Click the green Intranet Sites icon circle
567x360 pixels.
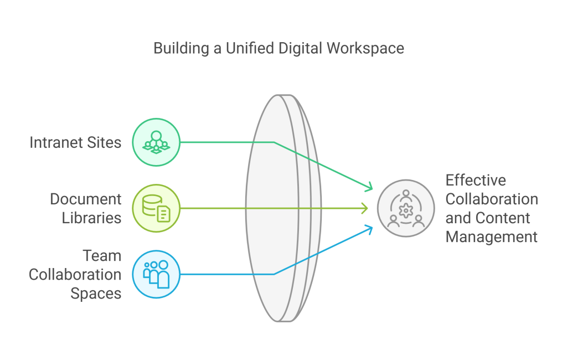pos(157,142)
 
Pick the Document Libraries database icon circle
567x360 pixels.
pos(157,208)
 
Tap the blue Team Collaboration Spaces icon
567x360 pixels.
pos(157,274)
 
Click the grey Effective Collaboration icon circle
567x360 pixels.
pos(406,208)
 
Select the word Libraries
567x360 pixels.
pos(92,218)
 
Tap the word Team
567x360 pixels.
pos(102,255)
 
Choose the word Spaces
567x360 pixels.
pos(96,293)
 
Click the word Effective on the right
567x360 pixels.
pos(476,180)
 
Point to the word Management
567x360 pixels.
pos(492,237)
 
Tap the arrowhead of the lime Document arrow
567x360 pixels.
pos(365,208)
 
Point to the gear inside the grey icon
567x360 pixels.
pos(406,210)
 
